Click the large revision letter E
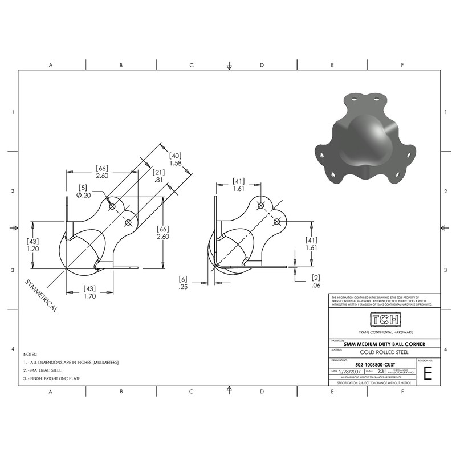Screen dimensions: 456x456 [x=428, y=373]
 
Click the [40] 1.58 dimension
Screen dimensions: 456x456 [x=176, y=159]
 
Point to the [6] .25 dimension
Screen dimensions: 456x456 [x=183, y=283]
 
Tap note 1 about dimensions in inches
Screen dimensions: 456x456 [x=70, y=363]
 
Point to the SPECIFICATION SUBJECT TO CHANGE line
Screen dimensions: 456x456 [x=374, y=384]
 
